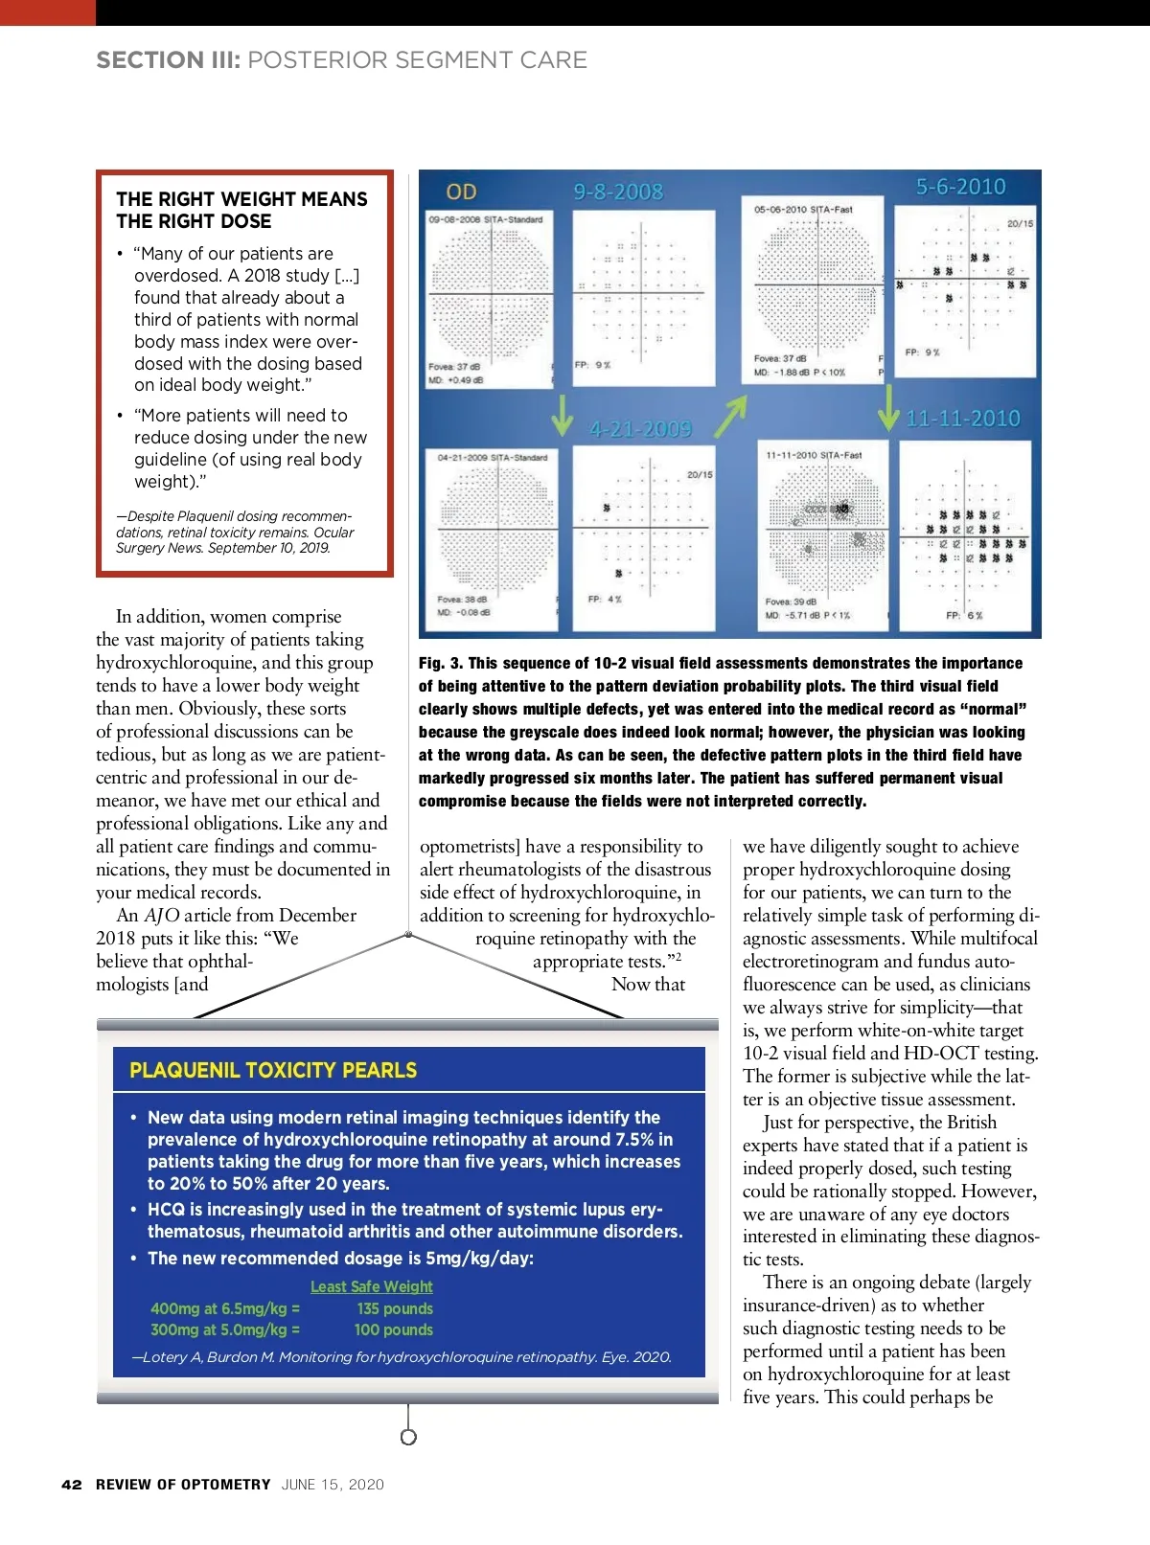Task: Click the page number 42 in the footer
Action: pyautogui.click(x=71, y=1485)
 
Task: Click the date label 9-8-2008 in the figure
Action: pyautogui.click(x=618, y=192)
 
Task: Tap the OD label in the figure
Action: pyautogui.click(x=461, y=192)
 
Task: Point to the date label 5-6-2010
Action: pyautogui.click(x=960, y=187)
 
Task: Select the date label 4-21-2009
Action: pyautogui.click(x=640, y=428)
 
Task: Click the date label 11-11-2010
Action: pyautogui.click(x=963, y=419)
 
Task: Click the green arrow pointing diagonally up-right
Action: pyautogui.click(x=730, y=417)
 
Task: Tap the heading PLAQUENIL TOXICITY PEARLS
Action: pyautogui.click(x=273, y=1070)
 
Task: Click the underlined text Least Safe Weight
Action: pyautogui.click(x=371, y=1286)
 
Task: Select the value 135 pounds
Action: pyautogui.click(x=395, y=1308)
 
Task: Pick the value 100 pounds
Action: pyautogui.click(x=393, y=1329)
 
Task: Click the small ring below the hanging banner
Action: pyautogui.click(x=408, y=1437)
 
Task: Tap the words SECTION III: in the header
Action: pyautogui.click(x=168, y=60)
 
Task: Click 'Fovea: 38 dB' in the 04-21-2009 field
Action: pyautogui.click(x=462, y=600)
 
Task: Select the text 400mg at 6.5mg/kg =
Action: pyautogui.click(x=225, y=1308)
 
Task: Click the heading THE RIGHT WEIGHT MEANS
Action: pyautogui.click(x=241, y=199)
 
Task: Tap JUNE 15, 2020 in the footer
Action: pyautogui.click(x=333, y=1485)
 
